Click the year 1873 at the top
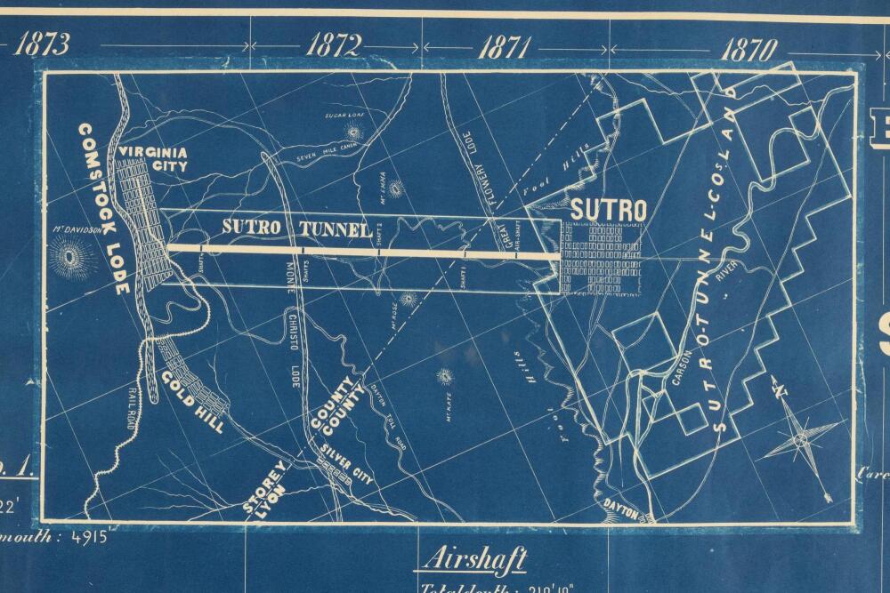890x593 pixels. click(42, 44)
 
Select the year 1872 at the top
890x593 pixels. click(336, 45)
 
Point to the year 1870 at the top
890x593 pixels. click(748, 48)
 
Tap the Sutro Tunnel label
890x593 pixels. click(296, 228)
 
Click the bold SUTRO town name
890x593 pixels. click(608, 210)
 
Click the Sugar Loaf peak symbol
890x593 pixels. click(353, 132)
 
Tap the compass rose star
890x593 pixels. click(800, 439)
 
